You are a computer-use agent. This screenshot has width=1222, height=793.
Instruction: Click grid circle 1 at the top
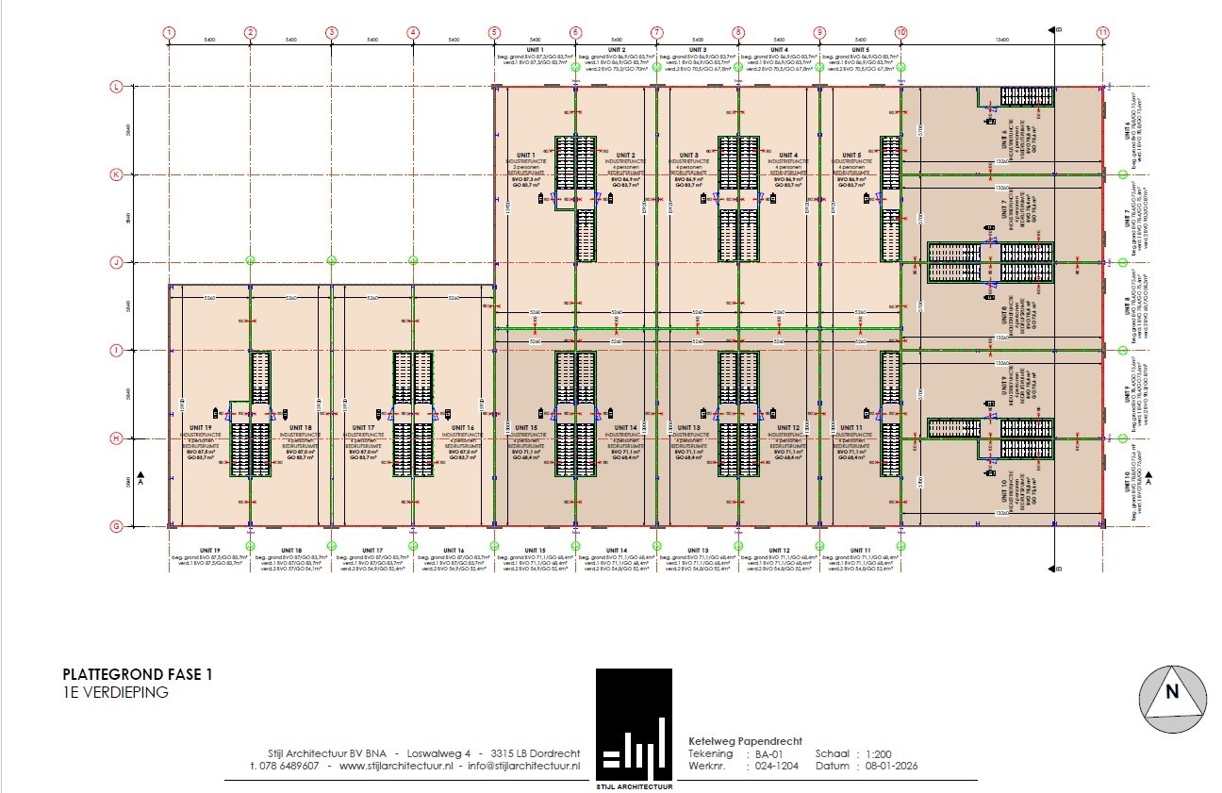[169, 32]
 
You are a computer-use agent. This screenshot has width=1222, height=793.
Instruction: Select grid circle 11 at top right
[1102, 32]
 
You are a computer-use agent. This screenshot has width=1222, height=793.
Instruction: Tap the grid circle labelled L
[117, 87]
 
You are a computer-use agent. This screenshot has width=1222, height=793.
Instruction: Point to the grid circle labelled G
[117, 525]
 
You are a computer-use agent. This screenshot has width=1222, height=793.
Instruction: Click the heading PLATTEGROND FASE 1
[138, 674]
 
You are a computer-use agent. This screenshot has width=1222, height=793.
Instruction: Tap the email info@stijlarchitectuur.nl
[522, 766]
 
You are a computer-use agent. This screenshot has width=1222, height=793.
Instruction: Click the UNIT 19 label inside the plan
[203, 427]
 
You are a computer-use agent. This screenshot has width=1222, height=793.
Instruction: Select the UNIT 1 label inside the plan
[525, 155]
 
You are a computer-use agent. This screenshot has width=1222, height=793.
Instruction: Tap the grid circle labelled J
[117, 262]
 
